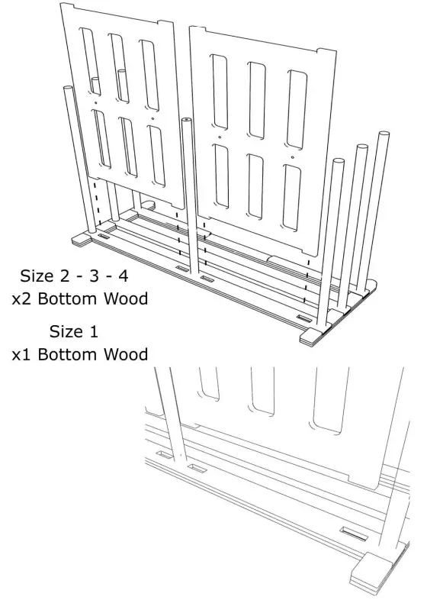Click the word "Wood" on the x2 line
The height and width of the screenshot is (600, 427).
[121, 298]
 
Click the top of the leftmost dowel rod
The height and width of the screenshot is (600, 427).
[66, 89]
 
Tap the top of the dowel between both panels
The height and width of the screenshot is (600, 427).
[185, 121]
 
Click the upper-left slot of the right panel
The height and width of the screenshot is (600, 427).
[220, 92]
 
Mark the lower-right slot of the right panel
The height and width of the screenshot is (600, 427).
[294, 182]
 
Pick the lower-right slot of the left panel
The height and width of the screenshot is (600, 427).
[156, 155]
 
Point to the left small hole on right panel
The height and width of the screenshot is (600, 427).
[219, 138]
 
